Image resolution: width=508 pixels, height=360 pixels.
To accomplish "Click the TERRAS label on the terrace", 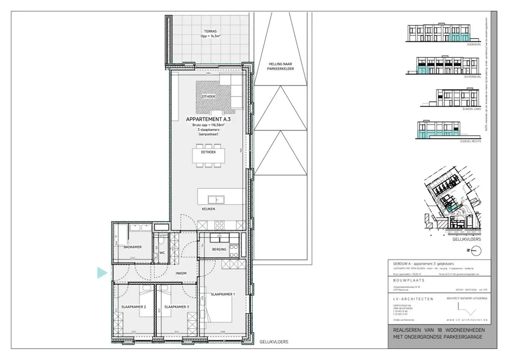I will pyautogui.click(x=210, y=31).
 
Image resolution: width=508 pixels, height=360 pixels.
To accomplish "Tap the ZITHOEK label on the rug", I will pyautogui.click(x=208, y=97).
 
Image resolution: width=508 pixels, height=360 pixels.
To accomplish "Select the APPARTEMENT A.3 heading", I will pyautogui.click(x=208, y=119).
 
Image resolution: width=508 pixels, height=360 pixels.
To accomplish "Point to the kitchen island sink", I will pyautogui.click(x=216, y=199).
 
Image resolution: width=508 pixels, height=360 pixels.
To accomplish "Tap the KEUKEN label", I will pyautogui.click(x=208, y=209).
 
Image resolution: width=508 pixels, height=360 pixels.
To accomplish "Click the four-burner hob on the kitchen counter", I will pyautogui.click(x=220, y=225).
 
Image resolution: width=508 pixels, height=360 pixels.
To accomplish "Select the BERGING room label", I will pyautogui.click(x=219, y=249).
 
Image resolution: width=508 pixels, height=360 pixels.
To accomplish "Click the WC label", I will pyautogui.click(x=162, y=253).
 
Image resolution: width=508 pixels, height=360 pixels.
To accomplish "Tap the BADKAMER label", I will pyautogui.click(x=132, y=247).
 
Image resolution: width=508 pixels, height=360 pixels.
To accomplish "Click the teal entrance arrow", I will pyautogui.click(x=102, y=273).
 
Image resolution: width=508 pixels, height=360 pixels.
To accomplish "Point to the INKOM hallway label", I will pyautogui.click(x=181, y=273).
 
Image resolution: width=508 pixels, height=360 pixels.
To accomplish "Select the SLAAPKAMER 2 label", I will pyautogui.click(x=133, y=307).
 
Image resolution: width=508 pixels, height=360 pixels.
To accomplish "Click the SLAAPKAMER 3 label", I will pyautogui.click(x=177, y=307).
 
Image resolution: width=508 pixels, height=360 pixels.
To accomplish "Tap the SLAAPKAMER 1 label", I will pyautogui.click(x=223, y=294).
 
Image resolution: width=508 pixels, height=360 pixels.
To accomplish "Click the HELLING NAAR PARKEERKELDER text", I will pyautogui.click(x=281, y=66).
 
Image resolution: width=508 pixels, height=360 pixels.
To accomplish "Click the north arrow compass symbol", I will pyautogui.click(x=476, y=250).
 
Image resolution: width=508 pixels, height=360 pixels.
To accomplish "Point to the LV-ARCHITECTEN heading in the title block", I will pyautogui.click(x=413, y=299).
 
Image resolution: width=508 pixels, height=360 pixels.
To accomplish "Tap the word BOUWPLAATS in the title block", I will pyautogui.click(x=409, y=280).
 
